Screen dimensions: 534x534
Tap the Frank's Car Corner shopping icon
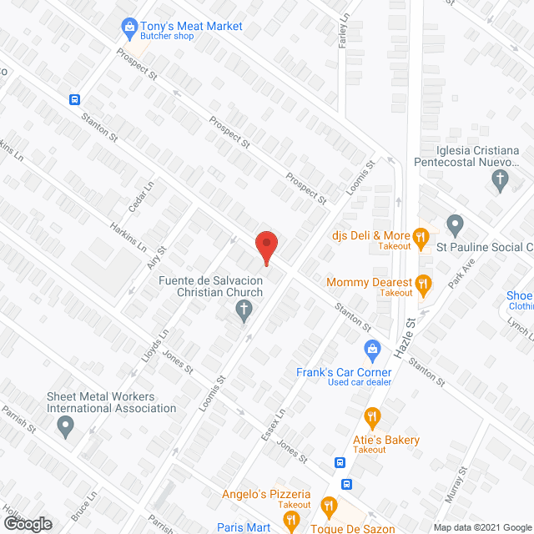click(373, 348)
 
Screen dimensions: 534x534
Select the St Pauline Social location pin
click(455, 224)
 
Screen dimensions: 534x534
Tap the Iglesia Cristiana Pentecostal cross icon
click(500, 179)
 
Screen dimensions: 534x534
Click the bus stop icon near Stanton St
click(74, 98)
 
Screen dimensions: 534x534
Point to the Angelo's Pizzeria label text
click(265, 494)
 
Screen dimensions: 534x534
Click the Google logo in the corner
click(27, 523)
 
